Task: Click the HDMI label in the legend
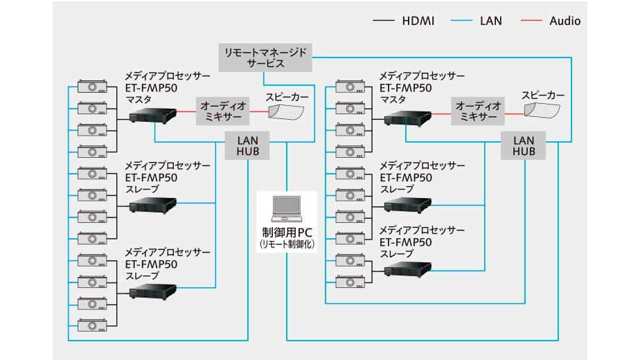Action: pos(418,21)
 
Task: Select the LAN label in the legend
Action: pos(492,21)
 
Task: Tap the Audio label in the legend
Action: pos(565,21)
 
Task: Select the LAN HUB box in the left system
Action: pos(247,146)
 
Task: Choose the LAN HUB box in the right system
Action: pos(523,146)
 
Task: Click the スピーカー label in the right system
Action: pos(543,94)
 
